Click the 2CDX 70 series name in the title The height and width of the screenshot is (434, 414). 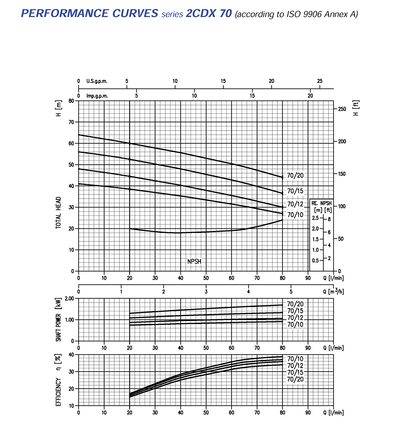209,14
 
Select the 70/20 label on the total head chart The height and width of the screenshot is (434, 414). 295,176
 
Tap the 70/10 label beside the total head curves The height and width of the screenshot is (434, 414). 295,215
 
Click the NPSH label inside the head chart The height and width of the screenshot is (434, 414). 194,261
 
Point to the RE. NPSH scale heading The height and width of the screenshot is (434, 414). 321,203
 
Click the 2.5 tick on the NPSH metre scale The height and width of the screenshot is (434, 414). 315,218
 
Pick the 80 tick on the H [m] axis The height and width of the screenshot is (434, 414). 71,101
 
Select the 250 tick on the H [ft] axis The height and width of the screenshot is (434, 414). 342,109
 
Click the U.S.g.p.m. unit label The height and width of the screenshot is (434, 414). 97,81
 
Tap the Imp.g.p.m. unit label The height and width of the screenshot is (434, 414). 97,96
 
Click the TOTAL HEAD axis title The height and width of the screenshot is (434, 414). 58,213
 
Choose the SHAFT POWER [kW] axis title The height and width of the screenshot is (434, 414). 58,320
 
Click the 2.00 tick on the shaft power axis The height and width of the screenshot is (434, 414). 69,298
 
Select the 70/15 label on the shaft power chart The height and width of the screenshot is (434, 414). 295,311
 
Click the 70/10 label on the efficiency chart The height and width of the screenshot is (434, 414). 295,359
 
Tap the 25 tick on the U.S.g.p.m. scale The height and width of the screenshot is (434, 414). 320,81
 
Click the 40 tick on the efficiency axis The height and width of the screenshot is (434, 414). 71,354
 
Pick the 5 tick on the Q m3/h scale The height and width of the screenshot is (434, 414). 291,292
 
